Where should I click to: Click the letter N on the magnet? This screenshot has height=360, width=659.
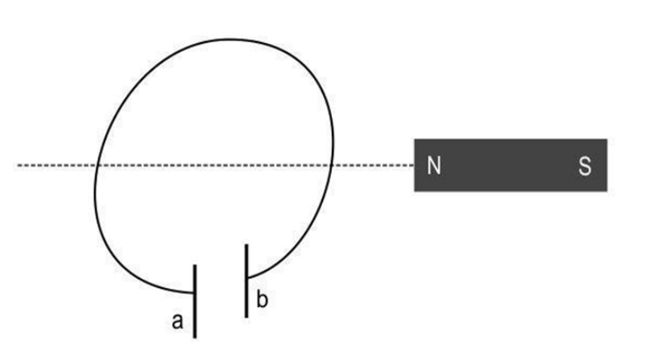click(x=434, y=166)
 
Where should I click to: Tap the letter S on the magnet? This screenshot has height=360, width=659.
click(x=585, y=166)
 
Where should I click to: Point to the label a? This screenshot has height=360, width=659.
click(x=178, y=321)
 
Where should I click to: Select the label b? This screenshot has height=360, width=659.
click(x=261, y=299)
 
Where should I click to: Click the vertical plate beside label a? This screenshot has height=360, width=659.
click(x=194, y=301)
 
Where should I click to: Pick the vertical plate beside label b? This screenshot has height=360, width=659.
click(x=246, y=281)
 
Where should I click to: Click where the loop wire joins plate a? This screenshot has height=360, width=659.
click(x=193, y=292)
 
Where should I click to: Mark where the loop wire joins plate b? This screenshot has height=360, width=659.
click(x=249, y=277)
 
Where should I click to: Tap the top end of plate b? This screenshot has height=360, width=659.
click(x=246, y=244)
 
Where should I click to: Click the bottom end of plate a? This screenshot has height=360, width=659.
click(x=194, y=337)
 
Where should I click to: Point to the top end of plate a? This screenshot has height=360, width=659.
click(x=194, y=265)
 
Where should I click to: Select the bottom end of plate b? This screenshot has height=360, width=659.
click(x=246, y=317)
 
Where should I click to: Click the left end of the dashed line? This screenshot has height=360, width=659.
click(x=18, y=166)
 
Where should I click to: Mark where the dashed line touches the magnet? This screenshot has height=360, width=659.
click(x=415, y=166)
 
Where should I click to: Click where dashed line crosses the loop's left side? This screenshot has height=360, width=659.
click(x=97, y=166)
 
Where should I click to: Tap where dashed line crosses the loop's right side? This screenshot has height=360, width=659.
click(x=332, y=166)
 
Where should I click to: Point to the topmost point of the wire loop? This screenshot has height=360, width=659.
click(x=229, y=40)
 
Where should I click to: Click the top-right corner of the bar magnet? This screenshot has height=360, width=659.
click(x=607, y=139)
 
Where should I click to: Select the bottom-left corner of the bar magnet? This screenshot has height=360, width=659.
click(x=415, y=191)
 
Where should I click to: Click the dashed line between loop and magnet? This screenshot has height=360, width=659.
click(x=373, y=166)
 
